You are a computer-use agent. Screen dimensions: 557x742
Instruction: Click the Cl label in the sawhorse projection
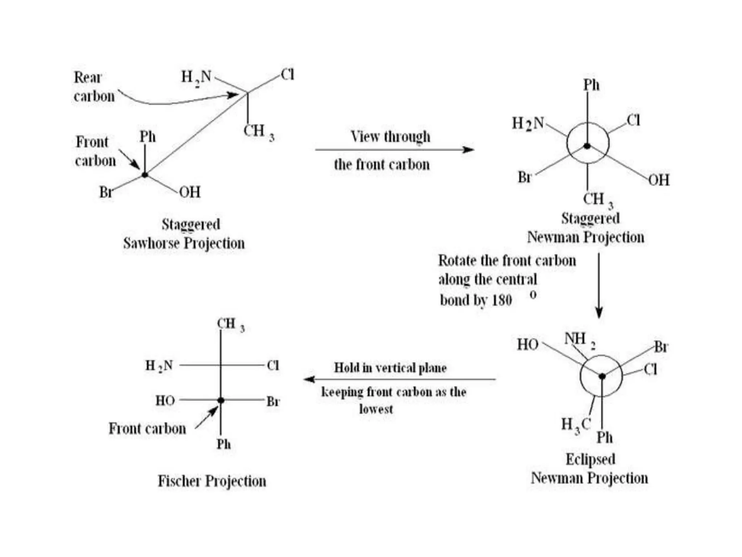click(288, 75)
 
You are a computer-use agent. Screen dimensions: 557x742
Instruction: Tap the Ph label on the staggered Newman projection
click(591, 85)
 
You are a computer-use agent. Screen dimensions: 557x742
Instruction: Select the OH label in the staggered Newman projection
click(659, 180)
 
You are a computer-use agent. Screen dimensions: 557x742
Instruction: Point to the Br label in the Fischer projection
click(273, 401)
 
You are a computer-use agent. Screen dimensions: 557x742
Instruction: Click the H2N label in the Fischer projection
click(159, 366)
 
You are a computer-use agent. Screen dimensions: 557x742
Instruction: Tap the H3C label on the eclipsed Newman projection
click(576, 425)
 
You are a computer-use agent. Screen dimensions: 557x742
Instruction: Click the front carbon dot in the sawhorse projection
click(145, 175)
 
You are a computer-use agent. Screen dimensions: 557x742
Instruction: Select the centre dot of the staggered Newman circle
click(587, 146)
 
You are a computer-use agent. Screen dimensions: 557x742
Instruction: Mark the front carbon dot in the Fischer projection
click(221, 400)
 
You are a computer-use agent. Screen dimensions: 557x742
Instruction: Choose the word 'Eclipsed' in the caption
click(591, 459)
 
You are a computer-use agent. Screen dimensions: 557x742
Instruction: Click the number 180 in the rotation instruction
click(501, 300)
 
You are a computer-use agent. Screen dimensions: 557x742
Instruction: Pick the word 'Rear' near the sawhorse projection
click(88, 77)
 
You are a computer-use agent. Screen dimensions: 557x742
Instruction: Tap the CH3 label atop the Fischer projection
click(230, 324)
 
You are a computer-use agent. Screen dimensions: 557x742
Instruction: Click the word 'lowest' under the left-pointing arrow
click(376, 409)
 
